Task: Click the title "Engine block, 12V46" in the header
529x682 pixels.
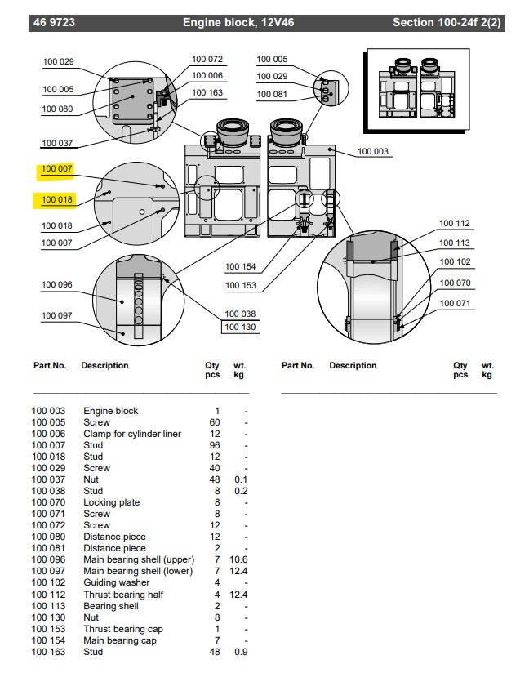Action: tap(238, 23)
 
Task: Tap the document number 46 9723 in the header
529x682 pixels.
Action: tap(55, 23)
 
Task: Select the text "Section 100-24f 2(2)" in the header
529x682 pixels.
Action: tap(447, 23)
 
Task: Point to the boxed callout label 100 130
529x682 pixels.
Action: tap(240, 328)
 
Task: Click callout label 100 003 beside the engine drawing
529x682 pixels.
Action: tap(373, 152)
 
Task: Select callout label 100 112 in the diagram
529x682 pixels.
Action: tap(455, 224)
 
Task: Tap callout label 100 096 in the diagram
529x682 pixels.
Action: tap(57, 285)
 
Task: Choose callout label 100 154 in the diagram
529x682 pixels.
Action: tap(240, 267)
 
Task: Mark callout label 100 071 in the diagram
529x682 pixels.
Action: tap(455, 303)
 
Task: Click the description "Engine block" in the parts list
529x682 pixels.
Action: tap(111, 411)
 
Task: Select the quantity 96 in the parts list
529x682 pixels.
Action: tap(216, 445)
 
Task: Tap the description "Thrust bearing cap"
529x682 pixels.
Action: tap(122, 629)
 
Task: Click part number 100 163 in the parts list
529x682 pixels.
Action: tap(48, 652)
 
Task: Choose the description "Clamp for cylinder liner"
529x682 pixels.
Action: tap(132, 434)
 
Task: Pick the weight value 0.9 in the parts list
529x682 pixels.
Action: tap(240, 652)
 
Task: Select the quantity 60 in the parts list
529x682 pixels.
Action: tap(216, 422)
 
